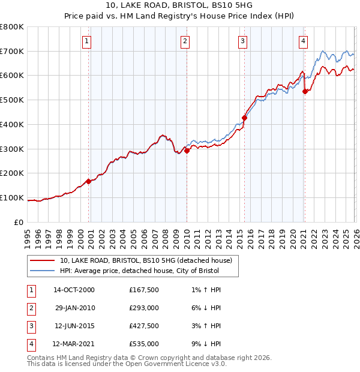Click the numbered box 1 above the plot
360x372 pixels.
(x=87, y=41)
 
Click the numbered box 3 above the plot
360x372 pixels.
(x=242, y=41)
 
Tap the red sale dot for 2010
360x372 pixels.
(x=187, y=151)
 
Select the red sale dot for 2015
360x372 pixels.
(x=244, y=118)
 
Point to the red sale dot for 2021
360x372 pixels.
(x=305, y=91)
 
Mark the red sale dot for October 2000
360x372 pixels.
(x=89, y=181)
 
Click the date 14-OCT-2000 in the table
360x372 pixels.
(x=74, y=290)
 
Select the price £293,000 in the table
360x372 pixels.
(x=144, y=308)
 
